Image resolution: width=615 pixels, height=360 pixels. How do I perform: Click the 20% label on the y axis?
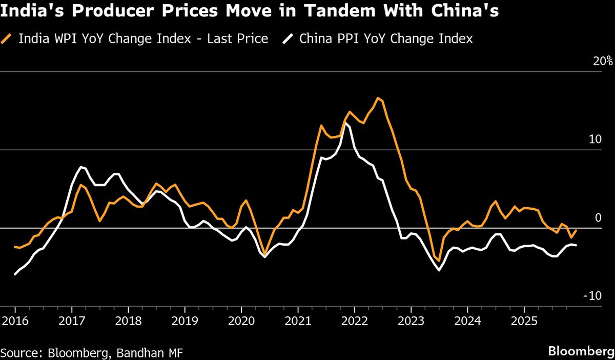coord(603,61)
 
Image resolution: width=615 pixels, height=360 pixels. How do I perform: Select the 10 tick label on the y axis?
coord(605,139)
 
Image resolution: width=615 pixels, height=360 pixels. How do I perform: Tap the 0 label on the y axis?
coord(608,218)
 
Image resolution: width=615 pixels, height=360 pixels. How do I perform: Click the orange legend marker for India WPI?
coord(7,39)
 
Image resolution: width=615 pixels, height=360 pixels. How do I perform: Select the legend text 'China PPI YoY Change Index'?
coord(386,39)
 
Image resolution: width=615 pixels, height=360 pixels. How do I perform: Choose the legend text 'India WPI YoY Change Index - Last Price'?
coord(143,39)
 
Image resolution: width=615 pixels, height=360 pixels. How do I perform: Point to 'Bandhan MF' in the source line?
coord(152,352)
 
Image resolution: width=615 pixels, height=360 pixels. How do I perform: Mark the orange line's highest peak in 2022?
coord(378,97)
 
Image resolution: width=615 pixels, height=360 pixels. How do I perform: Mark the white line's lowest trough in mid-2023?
coord(439,270)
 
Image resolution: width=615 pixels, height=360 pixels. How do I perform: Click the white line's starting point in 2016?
coord(15,274)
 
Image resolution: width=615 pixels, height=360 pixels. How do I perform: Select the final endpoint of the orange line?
coord(577,230)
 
